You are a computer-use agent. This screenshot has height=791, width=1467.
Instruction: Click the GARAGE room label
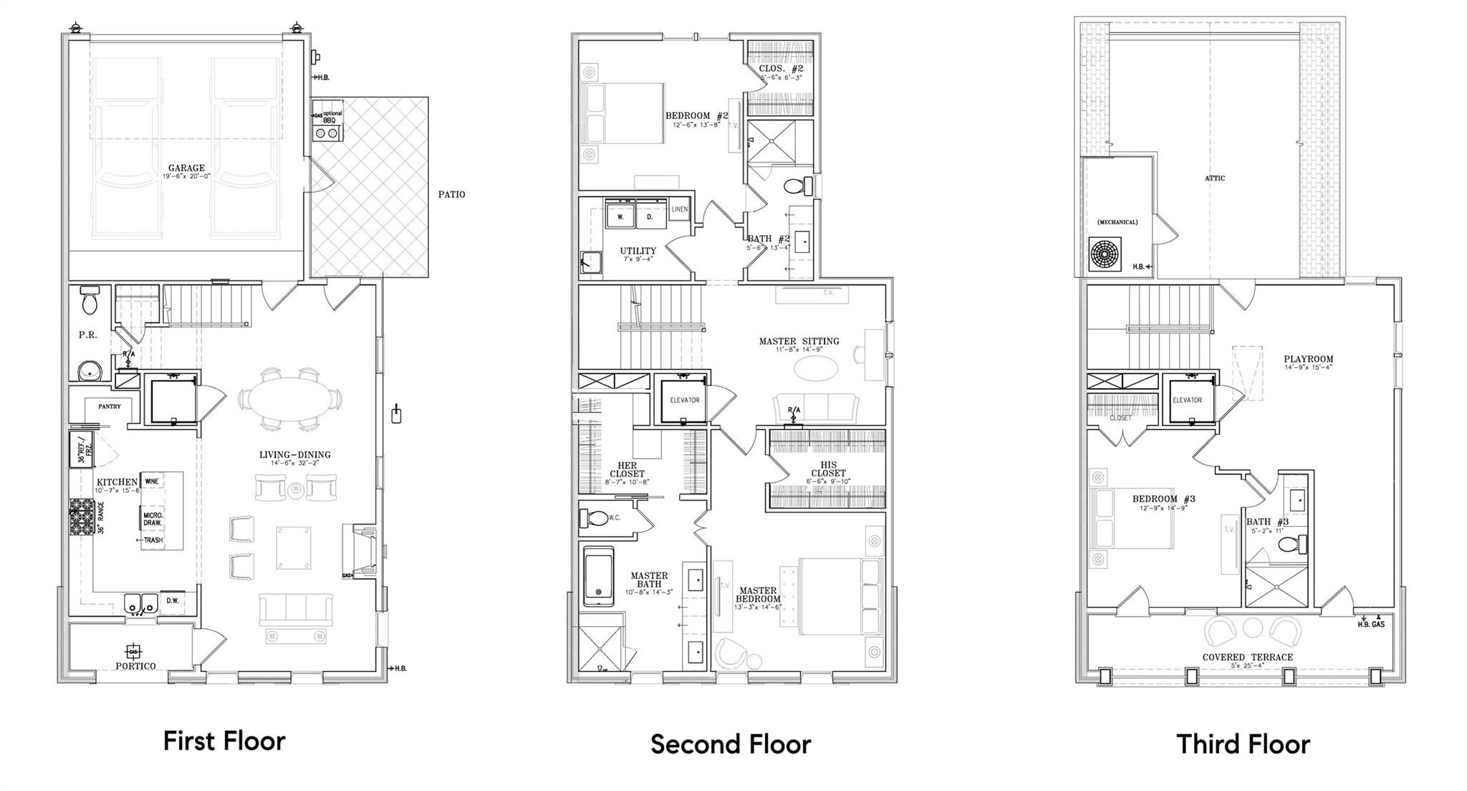click(186, 168)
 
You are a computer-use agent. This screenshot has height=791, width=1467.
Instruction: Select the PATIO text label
click(451, 194)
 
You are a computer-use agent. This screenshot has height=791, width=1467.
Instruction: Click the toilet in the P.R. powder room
click(90, 302)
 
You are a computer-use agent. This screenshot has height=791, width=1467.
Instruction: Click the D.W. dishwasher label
click(173, 600)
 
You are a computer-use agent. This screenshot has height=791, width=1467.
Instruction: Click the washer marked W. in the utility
click(620, 216)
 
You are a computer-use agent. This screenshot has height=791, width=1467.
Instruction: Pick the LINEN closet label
click(679, 209)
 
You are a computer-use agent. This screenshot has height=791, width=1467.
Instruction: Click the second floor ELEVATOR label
click(684, 400)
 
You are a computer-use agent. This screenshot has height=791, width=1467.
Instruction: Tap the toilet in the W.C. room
click(592, 517)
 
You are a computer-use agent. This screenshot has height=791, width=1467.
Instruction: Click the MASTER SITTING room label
click(799, 341)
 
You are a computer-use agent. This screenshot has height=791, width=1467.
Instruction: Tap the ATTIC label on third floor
click(1215, 178)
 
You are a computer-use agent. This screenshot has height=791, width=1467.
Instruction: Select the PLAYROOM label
click(1308, 359)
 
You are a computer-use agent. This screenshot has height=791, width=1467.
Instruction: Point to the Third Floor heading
click(1243, 744)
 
